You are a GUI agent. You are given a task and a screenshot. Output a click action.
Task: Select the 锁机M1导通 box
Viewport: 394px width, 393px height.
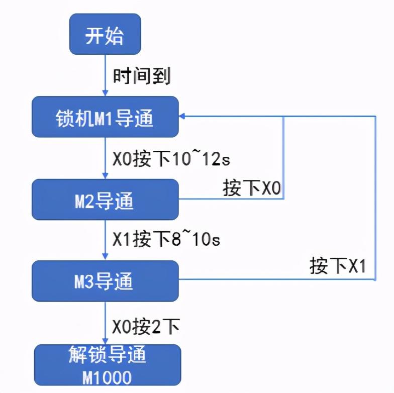[105, 117]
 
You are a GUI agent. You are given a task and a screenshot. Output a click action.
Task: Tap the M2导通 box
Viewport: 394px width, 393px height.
[105, 200]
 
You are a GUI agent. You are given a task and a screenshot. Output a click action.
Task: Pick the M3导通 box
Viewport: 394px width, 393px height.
[105, 280]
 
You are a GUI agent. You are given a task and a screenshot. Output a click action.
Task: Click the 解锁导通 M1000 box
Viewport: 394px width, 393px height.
[107, 365]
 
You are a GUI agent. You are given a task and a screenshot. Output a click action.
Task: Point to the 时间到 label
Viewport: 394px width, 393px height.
[142, 76]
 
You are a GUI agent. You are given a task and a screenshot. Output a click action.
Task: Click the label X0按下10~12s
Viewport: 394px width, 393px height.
[171, 159]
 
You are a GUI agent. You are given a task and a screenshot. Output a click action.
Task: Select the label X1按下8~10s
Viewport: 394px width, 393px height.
[166, 240]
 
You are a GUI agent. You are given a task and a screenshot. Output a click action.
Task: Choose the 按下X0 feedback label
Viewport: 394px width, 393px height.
[252, 188]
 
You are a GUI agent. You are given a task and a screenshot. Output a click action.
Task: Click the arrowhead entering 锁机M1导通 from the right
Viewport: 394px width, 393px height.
[183, 117]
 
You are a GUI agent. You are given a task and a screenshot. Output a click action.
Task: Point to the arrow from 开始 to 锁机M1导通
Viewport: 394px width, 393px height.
[105, 75]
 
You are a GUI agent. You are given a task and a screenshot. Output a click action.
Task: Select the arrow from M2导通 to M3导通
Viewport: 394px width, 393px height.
[105, 240]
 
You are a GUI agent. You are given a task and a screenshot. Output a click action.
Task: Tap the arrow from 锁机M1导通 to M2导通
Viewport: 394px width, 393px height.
[105, 158]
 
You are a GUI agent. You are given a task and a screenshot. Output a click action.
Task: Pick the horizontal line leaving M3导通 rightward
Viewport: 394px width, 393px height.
[276, 279]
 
